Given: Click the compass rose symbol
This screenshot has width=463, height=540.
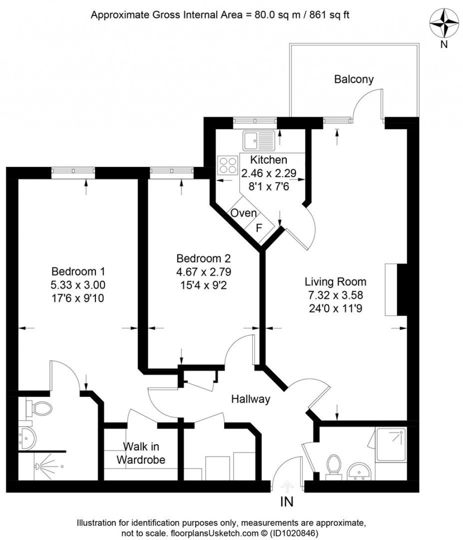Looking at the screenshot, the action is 444,24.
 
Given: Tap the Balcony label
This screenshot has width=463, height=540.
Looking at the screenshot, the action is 354,79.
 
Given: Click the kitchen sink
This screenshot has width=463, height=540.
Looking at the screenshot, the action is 259,140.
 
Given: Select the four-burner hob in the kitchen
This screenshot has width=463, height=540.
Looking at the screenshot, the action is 228,165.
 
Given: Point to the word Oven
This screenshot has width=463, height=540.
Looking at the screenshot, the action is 244,213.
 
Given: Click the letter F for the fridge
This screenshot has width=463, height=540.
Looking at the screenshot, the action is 260,228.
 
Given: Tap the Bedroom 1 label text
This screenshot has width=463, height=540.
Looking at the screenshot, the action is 78,272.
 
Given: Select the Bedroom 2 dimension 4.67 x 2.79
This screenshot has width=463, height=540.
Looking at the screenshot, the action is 203,272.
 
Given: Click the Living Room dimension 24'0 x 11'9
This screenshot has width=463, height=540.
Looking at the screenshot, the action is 335,308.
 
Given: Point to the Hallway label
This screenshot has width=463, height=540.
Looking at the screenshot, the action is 250,399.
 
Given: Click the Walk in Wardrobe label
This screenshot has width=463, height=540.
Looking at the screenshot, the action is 141,453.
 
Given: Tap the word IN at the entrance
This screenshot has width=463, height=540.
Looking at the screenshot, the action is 287,502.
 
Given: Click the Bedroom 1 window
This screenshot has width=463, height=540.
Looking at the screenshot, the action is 73,173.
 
